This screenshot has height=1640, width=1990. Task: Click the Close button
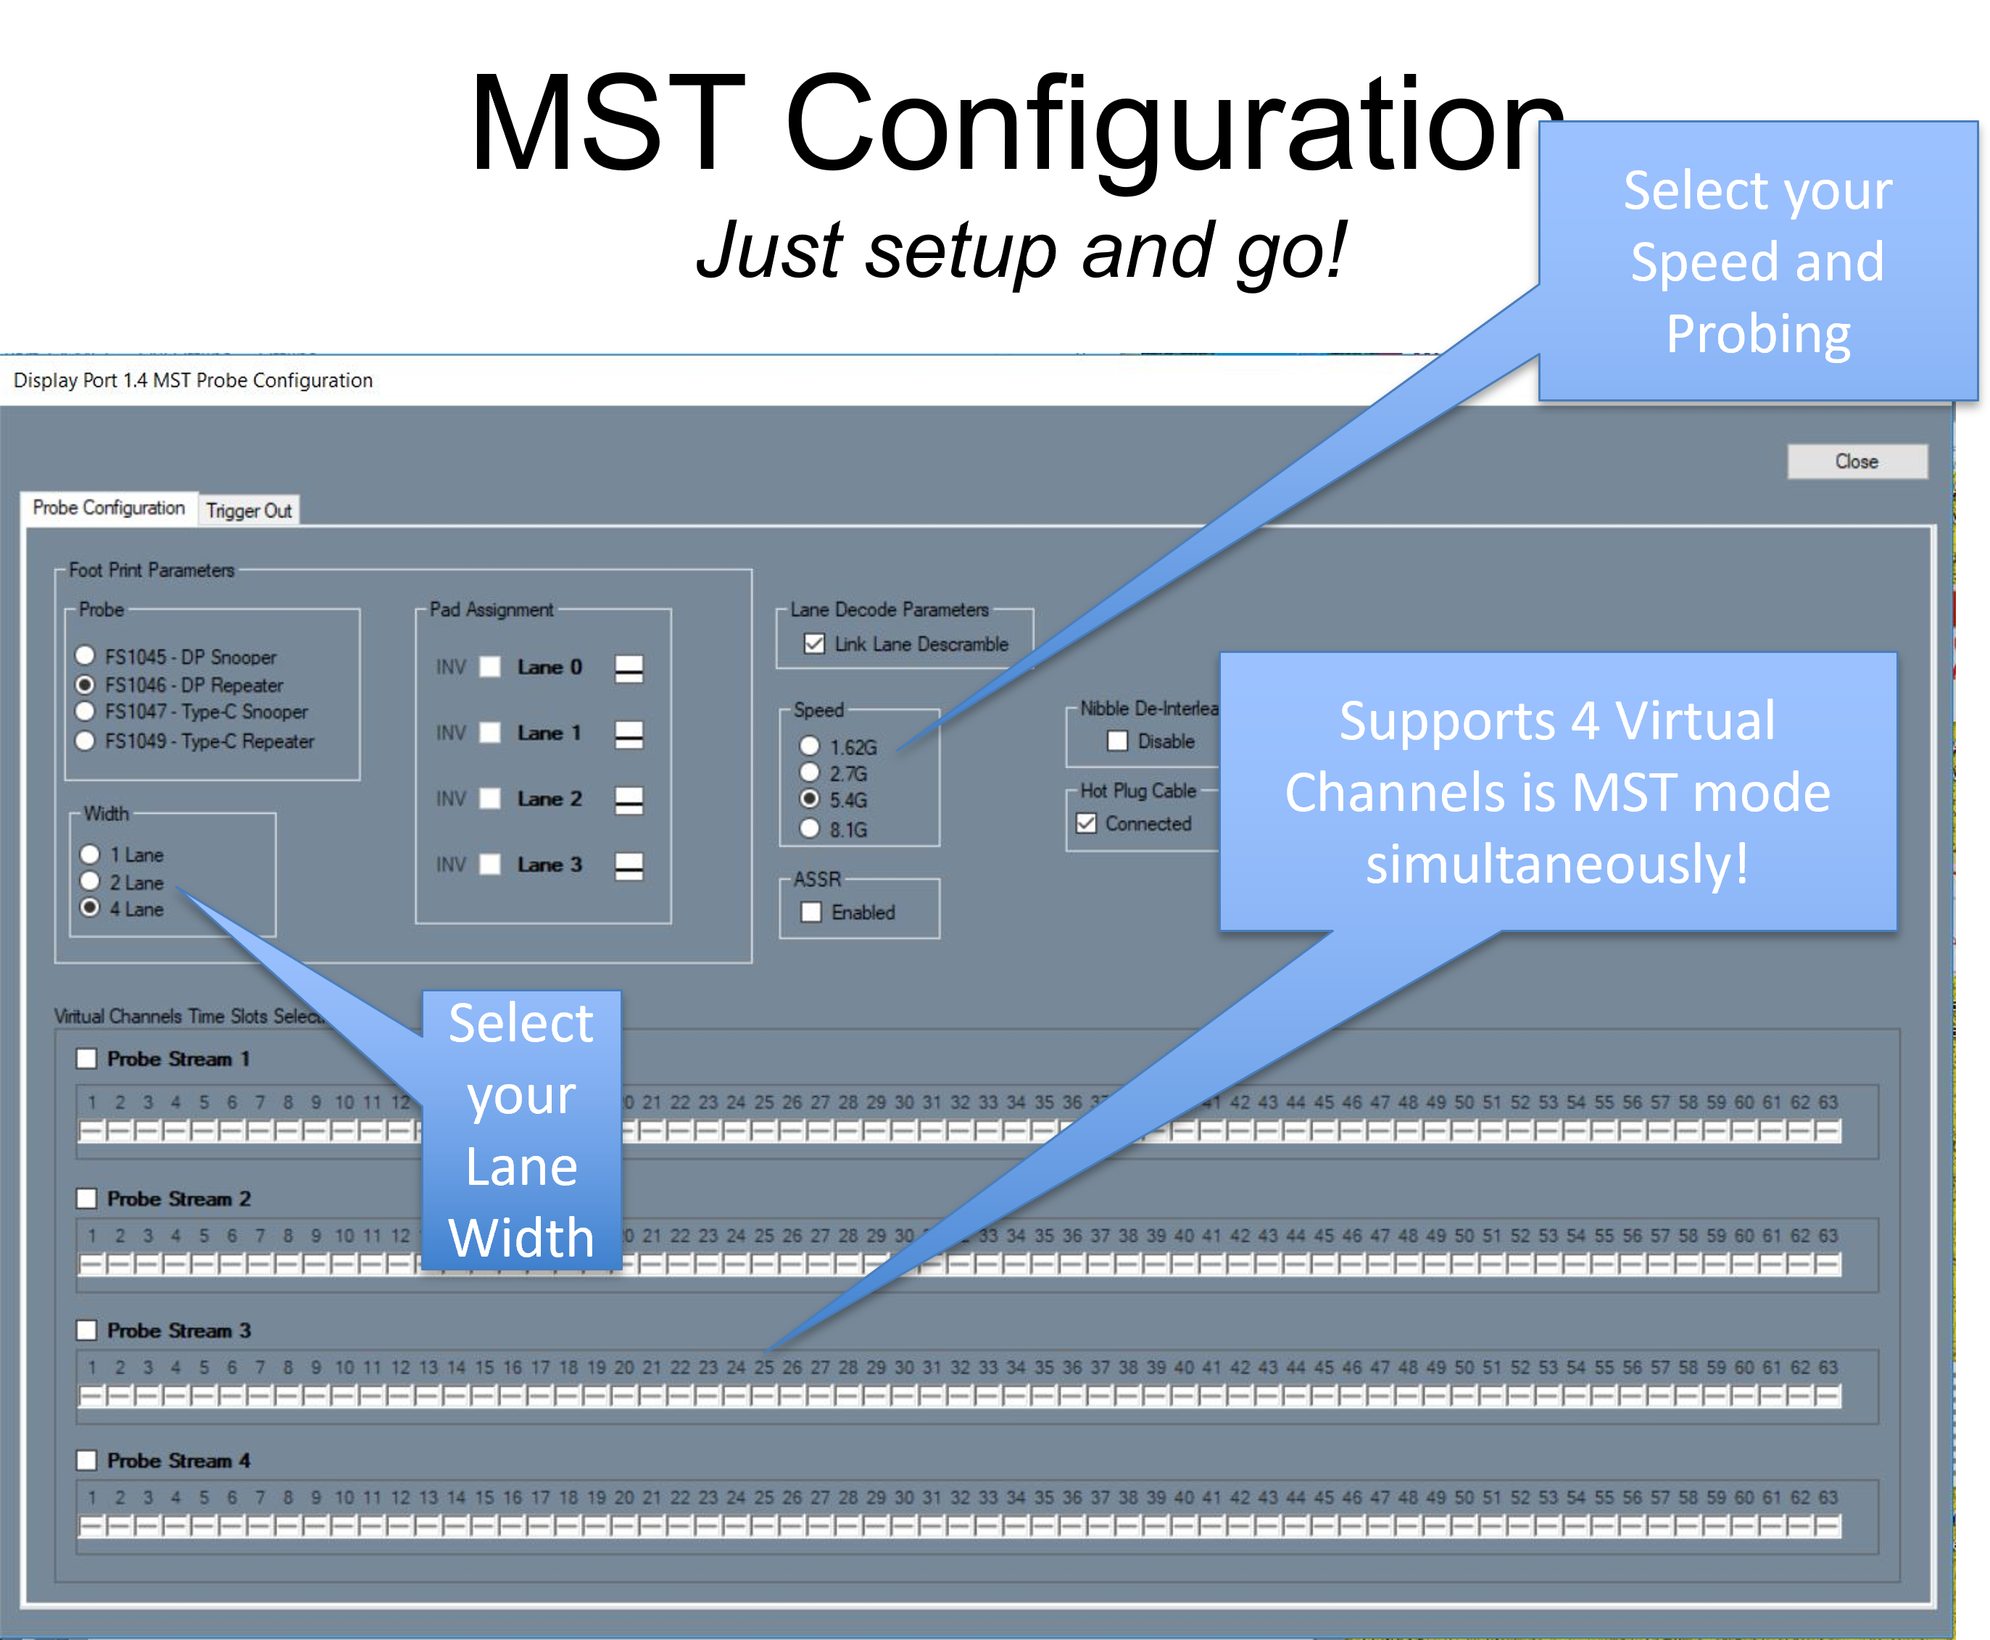1857,461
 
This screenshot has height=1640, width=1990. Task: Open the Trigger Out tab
249,510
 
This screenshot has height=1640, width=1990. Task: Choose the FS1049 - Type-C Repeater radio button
85,740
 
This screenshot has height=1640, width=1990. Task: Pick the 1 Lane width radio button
90,854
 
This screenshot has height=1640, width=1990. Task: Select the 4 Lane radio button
90,908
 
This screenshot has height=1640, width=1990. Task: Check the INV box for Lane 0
489,667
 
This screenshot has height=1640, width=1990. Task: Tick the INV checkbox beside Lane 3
489,865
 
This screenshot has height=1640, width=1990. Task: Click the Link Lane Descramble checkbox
813,644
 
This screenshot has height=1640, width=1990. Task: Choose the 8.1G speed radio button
810,828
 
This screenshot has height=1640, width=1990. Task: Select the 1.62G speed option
810,746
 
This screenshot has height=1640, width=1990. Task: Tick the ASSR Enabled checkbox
810,912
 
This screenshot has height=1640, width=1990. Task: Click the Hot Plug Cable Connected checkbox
1087,823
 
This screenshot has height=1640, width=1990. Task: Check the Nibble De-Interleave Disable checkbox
1117,741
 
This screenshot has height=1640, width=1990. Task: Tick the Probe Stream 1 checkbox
87,1058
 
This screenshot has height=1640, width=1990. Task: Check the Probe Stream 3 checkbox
87,1330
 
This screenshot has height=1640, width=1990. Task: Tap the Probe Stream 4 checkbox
87,1460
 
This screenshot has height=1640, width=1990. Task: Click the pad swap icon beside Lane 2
629,800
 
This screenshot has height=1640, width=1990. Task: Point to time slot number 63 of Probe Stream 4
1828,1525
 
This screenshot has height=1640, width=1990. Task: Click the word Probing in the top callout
1757,334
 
